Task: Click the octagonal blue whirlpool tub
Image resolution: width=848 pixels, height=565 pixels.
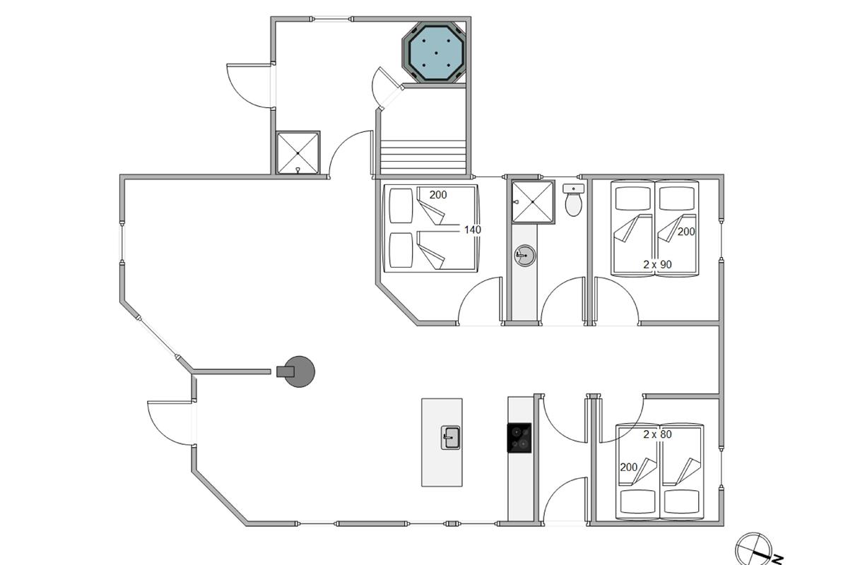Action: click(433, 52)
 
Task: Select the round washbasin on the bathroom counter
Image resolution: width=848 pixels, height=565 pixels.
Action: click(524, 256)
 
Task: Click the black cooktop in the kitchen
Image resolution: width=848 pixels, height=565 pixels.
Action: click(519, 438)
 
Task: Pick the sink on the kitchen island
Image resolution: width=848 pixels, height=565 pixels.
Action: click(451, 438)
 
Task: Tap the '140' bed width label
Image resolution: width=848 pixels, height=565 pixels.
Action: click(473, 230)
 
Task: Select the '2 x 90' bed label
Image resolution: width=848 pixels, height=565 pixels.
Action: click(658, 265)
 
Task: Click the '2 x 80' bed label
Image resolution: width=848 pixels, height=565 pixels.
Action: click(658, 434)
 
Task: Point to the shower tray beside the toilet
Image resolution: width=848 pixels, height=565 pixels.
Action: click(533, 202)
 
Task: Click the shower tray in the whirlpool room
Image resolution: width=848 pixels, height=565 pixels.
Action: click(298, 153)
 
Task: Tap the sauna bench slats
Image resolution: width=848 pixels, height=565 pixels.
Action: click(423, 157)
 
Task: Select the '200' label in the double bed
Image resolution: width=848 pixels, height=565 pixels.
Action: click(438, 195)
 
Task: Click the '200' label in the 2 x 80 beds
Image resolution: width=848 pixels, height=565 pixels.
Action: click(629, 468)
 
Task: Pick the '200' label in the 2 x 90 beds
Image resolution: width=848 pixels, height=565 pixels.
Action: click(686, 232)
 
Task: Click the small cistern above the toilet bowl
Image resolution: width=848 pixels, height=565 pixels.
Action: click(573, 189)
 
